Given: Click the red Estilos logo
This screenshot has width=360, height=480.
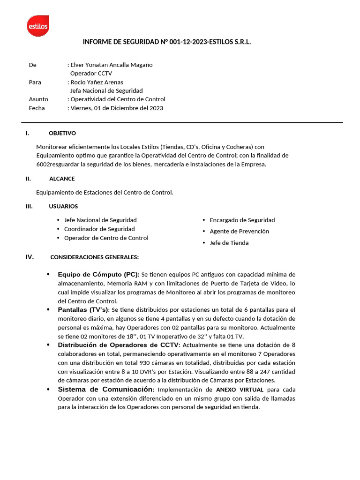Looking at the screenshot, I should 38,25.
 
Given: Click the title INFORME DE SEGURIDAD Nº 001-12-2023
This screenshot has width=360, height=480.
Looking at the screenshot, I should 167,42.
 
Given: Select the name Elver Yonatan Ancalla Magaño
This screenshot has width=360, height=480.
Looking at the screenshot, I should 111,65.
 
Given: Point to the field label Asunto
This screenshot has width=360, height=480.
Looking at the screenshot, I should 38,99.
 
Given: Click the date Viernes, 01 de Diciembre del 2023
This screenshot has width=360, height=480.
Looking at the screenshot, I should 117,108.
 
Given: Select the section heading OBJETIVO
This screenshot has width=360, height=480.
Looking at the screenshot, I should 62,134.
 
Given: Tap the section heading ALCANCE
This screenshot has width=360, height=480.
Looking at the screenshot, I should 62,179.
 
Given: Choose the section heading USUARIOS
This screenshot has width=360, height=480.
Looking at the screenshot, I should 63,206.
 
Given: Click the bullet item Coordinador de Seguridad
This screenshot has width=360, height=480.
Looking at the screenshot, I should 99,229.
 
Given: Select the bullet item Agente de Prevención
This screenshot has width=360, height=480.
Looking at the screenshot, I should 239,231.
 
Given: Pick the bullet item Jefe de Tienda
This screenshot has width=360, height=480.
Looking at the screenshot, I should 229,243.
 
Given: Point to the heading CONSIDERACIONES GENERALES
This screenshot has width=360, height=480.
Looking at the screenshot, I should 94,257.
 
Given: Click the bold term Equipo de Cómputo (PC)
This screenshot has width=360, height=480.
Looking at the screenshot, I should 98,274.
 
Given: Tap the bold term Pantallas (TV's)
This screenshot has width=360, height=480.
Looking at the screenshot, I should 83,310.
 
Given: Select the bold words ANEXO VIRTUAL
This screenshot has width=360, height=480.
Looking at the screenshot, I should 240,390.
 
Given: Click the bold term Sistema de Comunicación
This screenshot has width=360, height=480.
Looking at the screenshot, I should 105,390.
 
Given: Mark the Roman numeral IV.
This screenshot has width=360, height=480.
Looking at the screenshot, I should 30,257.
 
